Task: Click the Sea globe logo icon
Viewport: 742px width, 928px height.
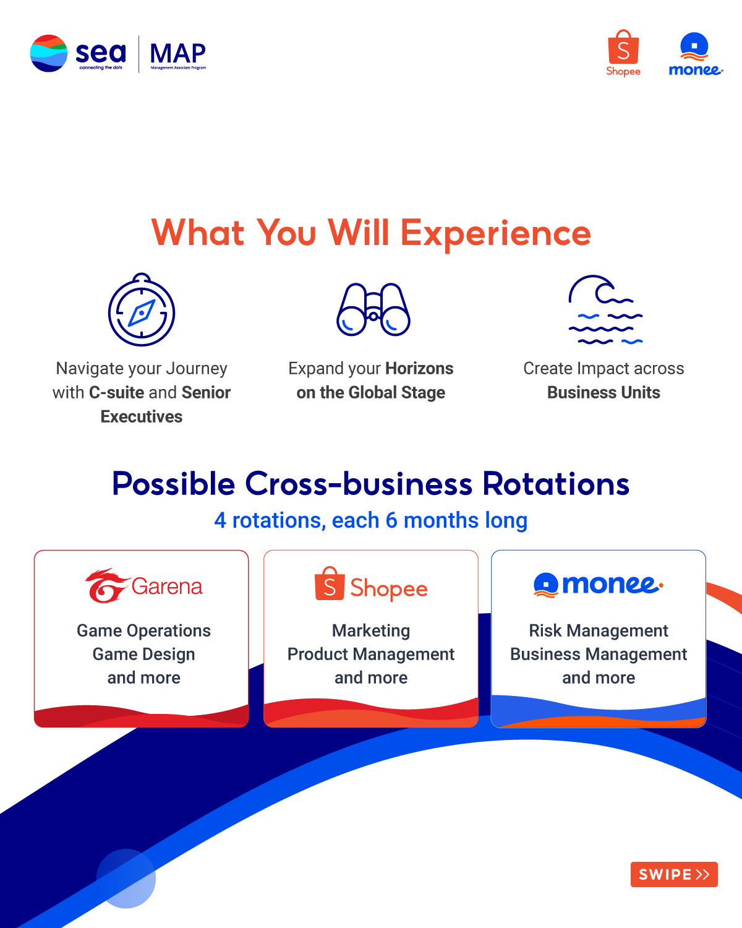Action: pyautogui.click(x=48, y=53)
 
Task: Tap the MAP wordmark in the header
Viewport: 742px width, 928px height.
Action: pyautogui.click(x=177, y=54)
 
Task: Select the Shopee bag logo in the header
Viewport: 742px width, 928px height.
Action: pyautogui.click(x=623, y=53)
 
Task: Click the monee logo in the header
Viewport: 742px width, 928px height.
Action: pyautogui.click(x=695, y=54)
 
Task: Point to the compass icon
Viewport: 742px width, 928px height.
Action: pyautogui.click(x=142, y=311)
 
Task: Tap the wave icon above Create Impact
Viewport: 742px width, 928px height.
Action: pyautogui.click(x=605, y=309)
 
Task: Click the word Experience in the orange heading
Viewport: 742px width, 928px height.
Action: pyautogui.click(x=495, y=233)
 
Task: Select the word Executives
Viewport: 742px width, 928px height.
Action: pyautogui.click(x=142, y=417)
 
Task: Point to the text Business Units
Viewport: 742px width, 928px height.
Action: pyautogui.click(x=603, y=393)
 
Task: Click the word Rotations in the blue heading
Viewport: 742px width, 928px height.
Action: pyautogui.click(x=556, y=484)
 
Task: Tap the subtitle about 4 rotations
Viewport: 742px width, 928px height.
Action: pyautogui.click(x=371, y=520)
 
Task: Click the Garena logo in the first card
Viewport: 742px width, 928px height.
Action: pyautogui.click(x=143, y=585)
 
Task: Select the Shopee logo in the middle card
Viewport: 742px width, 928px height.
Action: pyautogui.click(x=371, y=585)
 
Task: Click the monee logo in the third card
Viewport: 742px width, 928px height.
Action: pyautogui.click(x=598, y=584)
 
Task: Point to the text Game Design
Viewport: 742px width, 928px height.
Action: pyautogui.click(x=143, y=654)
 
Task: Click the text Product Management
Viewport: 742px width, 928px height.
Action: pyautogui.click(x=371, y=654)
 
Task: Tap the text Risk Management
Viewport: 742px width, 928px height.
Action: pyautogui.click(x=599, y=630)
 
